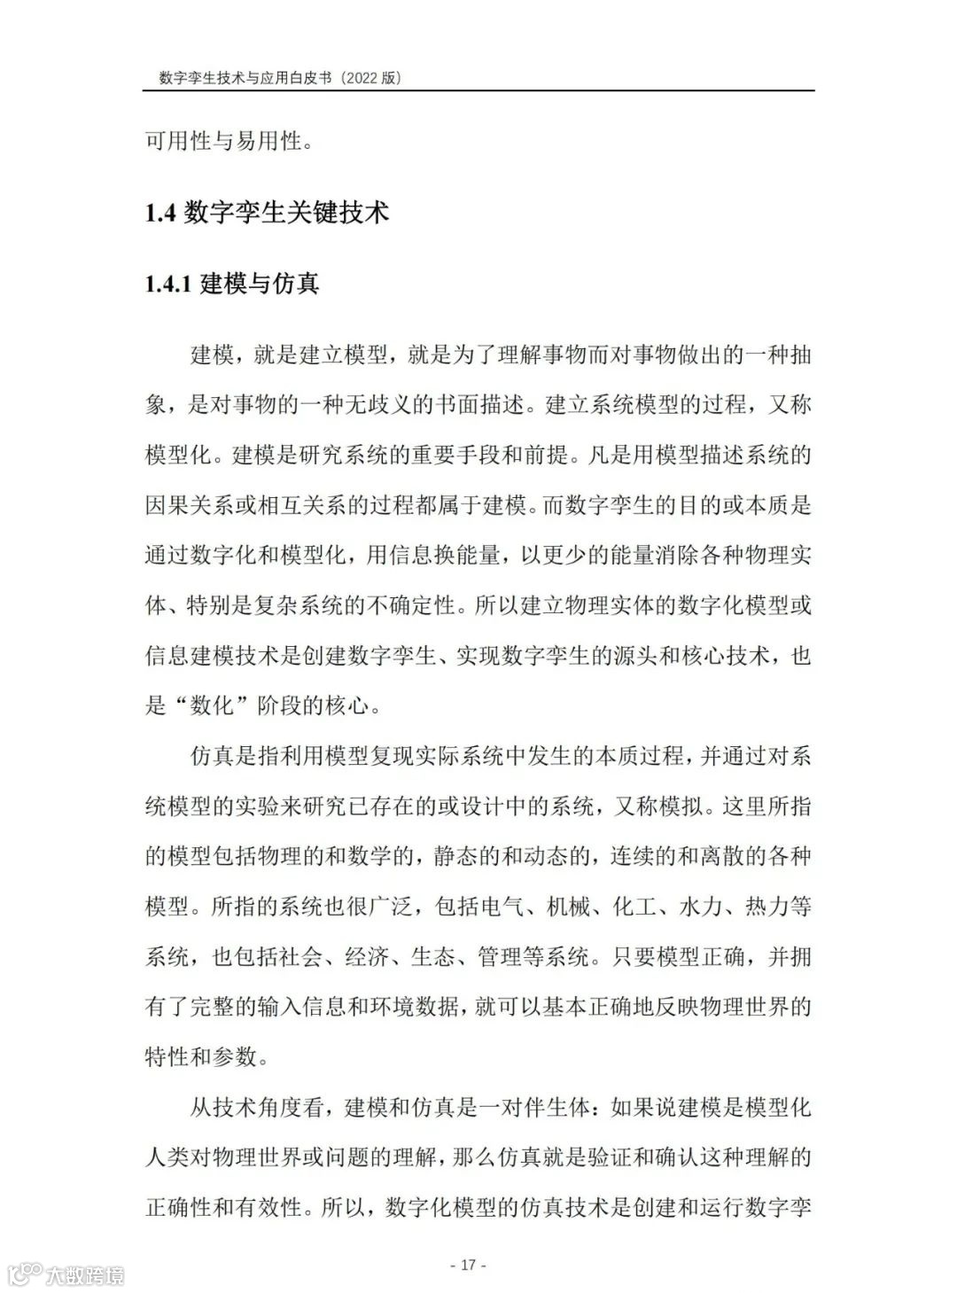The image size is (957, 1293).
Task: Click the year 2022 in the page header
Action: point(360,79)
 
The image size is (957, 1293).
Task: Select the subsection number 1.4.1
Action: point(169,284)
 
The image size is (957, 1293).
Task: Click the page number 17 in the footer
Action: point(469,1264)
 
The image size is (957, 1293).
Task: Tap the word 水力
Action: point(700,907)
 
